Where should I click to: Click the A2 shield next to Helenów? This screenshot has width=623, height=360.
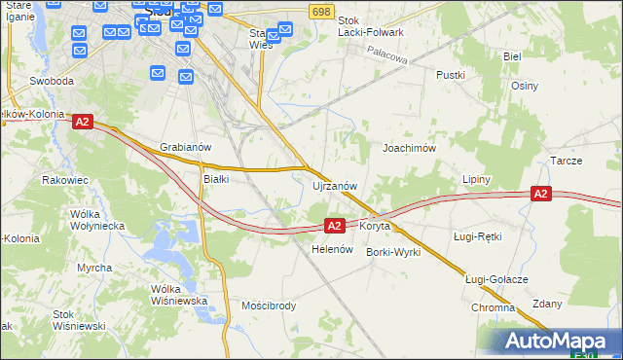coord(334,226)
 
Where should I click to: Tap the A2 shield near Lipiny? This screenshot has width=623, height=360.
coord(542,195)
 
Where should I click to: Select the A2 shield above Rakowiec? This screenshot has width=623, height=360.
coord(82,122)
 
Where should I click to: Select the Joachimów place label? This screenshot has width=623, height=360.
coord(409,148)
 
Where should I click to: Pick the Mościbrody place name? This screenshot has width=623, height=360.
coord(269,306)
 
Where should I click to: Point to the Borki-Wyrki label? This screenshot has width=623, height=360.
coord(393,252)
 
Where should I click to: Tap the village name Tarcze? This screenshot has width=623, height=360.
coord(566,160)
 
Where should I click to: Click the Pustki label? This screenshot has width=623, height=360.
coord(452,75)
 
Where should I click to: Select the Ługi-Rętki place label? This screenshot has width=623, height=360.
coord(477,236)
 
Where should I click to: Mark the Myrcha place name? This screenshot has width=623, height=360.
coord(94,268)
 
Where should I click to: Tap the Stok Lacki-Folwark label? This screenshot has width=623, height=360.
coord(370,25)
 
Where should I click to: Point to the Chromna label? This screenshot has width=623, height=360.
coord(493,307)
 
